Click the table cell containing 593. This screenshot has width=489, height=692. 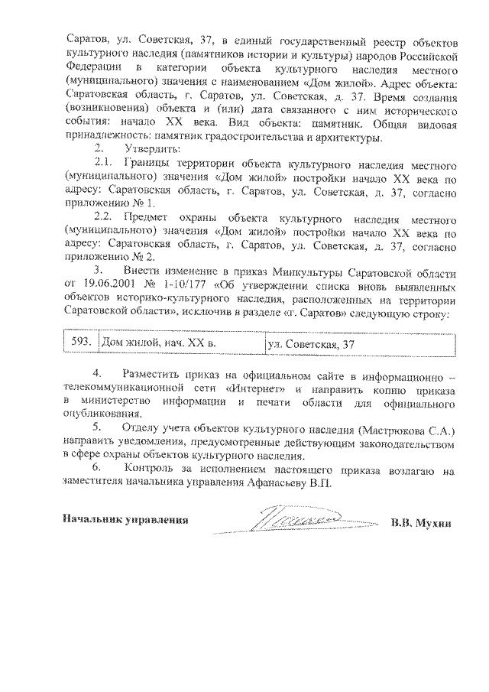80,343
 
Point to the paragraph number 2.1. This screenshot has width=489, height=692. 103,164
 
